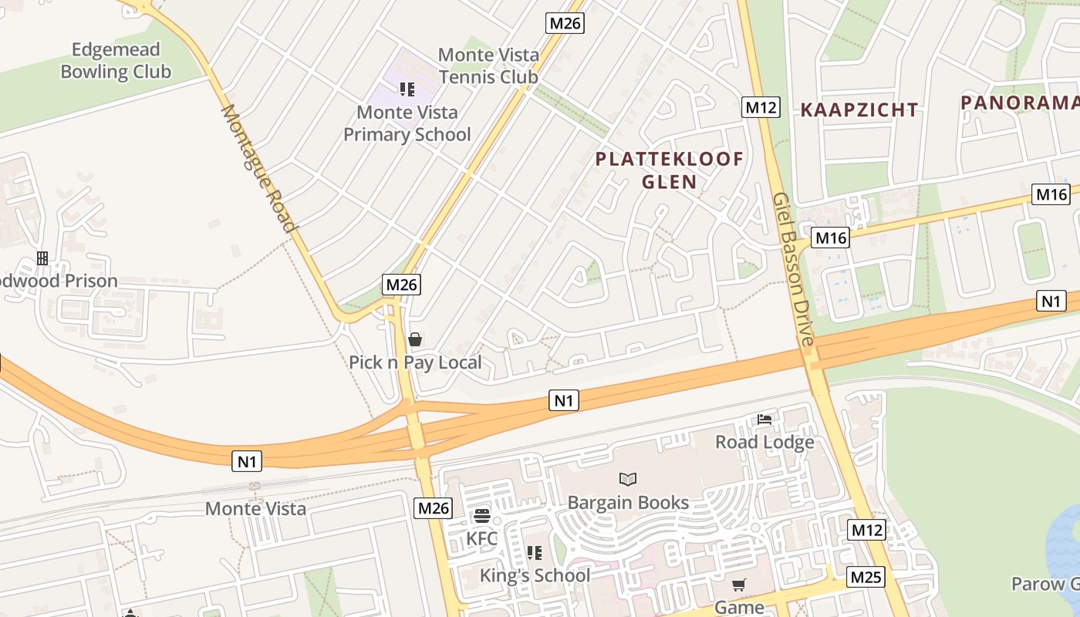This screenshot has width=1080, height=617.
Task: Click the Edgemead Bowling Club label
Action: click(x=116, y=61)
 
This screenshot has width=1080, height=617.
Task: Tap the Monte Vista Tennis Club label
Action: click(x=488, y=66)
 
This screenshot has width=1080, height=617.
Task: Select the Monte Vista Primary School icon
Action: click(x=407, y=89)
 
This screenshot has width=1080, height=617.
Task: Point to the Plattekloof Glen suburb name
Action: click(x=670, y=170)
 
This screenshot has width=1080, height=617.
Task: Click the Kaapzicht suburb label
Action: click(x=859, y=110)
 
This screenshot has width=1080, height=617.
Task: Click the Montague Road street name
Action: click(x=258, y=168)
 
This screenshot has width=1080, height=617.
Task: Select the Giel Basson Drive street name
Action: click(x=794, y=269)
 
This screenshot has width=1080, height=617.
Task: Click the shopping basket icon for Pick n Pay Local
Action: click(x=415, y=339)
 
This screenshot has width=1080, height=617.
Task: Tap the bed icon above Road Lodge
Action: click(x=764, y=420)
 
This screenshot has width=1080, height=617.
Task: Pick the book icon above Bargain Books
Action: click(x=628, y=480)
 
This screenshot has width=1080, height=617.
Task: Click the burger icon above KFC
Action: click(x=482, y=515)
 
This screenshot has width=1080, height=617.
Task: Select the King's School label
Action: click(x=535, y=575)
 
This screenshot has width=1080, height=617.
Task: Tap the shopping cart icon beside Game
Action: click(x=739, y=585)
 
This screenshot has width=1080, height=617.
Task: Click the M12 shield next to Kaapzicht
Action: click(x=761, y=107)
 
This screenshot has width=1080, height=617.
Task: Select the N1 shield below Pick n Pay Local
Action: click(x=564, y=400)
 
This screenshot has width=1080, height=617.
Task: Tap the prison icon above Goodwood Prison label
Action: click(x=42, y=258)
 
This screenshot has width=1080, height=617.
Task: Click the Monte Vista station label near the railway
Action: click(x=255, y=509)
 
